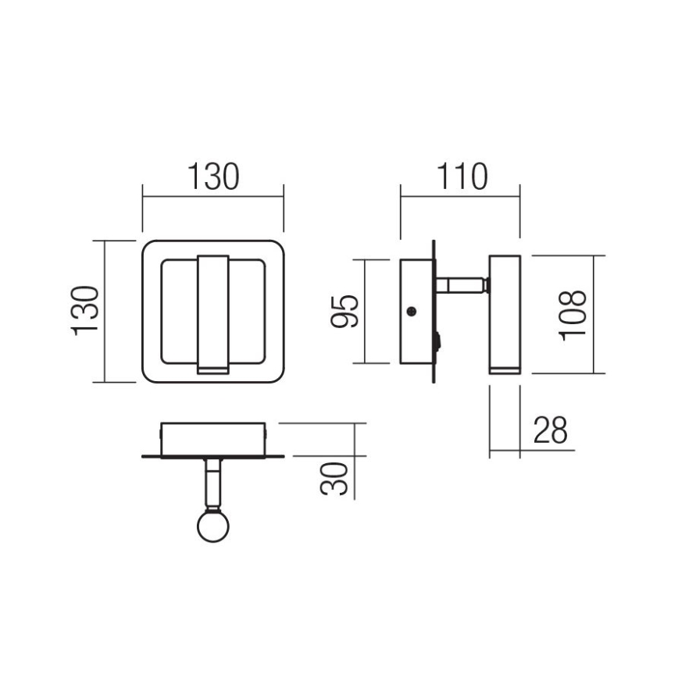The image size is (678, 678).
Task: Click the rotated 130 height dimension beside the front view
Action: [x=87, y=311]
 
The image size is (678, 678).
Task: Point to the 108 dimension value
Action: [x=572, y=314]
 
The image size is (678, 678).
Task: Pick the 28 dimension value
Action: [x=550, y=430]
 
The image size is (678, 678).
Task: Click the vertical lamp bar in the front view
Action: [x=213, y=309]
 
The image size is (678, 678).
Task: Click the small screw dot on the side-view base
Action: [x=412, y=312]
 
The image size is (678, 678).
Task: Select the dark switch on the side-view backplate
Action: [x=438, y=342]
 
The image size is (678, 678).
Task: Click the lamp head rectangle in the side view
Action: [x=504, y=309]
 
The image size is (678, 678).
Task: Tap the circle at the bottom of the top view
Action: [x=212, y=526]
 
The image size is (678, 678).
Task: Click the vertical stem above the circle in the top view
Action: [x=212, y=482]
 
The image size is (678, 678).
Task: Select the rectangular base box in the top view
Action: [x=213, y=437]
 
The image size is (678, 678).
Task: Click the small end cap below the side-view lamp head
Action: [x=504, y=369]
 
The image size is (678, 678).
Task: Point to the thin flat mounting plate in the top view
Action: [x=213, y=456]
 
